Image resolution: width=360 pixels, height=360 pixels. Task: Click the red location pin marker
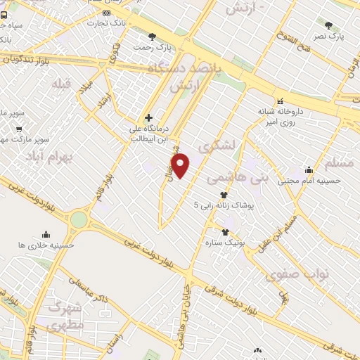181,166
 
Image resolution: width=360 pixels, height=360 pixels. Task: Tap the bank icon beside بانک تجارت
106,13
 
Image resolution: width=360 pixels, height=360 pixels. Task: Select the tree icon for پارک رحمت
151,37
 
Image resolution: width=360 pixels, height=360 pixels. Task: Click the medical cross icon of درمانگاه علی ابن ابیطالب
148,117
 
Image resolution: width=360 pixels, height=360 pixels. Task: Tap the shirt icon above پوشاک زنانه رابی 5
224,195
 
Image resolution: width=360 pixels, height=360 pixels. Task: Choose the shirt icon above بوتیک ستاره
225,232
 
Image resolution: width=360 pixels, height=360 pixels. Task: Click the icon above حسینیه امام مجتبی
309,169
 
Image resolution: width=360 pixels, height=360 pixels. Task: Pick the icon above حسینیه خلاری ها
46,234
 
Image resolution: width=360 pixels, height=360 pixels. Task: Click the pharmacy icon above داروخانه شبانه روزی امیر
280,100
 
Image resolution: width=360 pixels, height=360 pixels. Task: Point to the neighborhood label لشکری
215,146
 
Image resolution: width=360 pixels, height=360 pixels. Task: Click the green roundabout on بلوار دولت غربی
79,220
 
